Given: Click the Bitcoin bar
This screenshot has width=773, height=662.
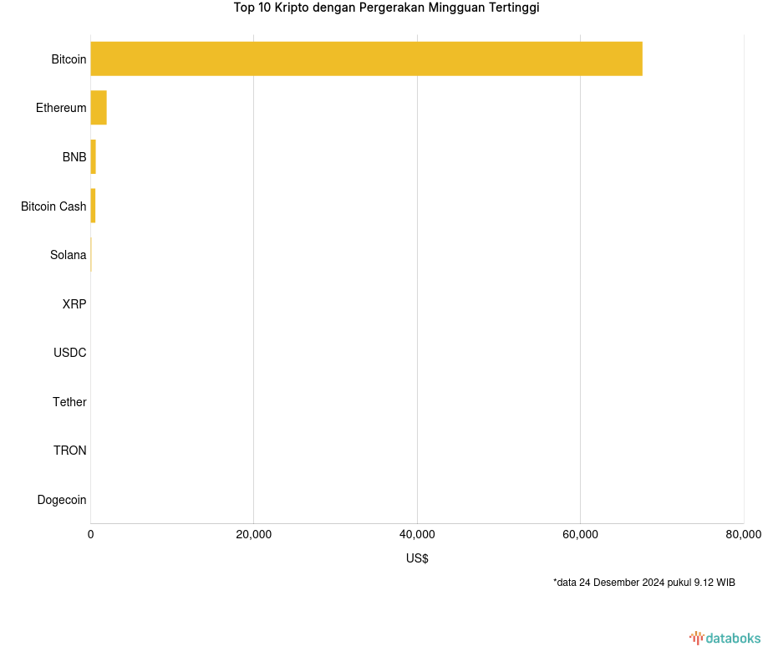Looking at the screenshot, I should coord(366,59).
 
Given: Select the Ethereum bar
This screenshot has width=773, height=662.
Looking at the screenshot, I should coord(99,108).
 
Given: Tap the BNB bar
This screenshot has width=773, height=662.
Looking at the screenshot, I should coord(93,157).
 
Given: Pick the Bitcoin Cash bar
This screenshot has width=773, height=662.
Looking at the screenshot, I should coord(93,206).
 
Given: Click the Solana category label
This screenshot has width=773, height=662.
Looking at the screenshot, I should coord(68,255).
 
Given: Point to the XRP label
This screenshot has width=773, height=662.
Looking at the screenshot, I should coord(74,304).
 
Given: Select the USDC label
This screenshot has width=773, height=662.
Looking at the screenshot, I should coord(69,353).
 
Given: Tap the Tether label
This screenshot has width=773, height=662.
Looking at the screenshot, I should coord(69,402).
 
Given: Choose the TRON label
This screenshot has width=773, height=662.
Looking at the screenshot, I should coord(69,451).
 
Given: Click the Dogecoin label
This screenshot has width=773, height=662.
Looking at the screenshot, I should coord(61,500).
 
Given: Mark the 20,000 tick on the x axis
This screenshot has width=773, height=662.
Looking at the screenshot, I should coord(254,535).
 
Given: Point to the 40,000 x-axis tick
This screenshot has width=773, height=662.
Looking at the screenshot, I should coord(417,535).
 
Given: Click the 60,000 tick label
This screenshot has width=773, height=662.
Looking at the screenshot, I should coord(580,535).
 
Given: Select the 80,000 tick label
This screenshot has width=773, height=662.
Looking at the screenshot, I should coord(743,535).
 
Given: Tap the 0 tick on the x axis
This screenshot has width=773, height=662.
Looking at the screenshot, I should coord(91,535).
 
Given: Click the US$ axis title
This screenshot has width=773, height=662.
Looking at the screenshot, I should coord(417,558).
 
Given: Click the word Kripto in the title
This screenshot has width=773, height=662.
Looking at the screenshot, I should coord(292,8).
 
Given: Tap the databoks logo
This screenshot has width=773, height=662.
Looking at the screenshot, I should coord(725,639).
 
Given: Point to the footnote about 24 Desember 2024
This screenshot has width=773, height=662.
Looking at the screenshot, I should coord(643,583).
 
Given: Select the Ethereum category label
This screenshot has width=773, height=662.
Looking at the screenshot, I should coord(61,108).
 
